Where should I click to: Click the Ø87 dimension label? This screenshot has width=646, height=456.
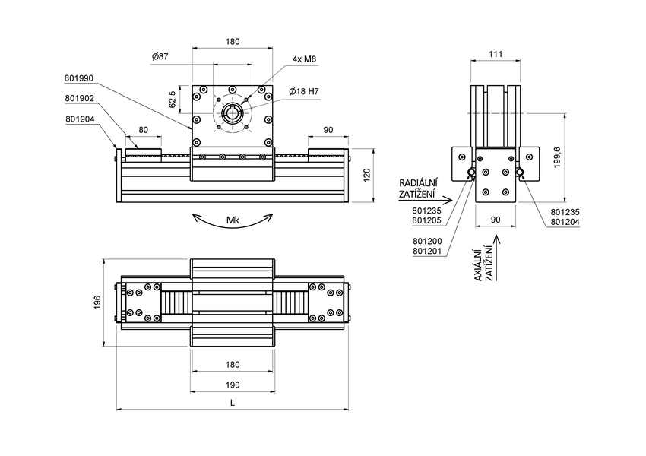(160, 57)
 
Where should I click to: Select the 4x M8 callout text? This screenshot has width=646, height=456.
(304, 59)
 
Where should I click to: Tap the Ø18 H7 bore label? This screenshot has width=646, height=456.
(304, 92)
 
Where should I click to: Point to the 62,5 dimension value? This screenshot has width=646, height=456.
(173, 98)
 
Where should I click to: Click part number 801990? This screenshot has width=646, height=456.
(79, 78)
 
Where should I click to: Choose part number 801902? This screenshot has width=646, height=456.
(79, 98)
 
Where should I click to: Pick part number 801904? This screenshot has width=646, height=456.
(79, 119)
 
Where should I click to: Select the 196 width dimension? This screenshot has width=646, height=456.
(97, 302)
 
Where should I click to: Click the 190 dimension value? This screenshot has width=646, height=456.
(232, 385)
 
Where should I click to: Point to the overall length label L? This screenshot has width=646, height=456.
(233, 403)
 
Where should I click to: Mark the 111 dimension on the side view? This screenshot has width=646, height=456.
(496, 55)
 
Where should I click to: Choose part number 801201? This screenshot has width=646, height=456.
(427, 251)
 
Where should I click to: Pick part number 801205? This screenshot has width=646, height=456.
(427, 221)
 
